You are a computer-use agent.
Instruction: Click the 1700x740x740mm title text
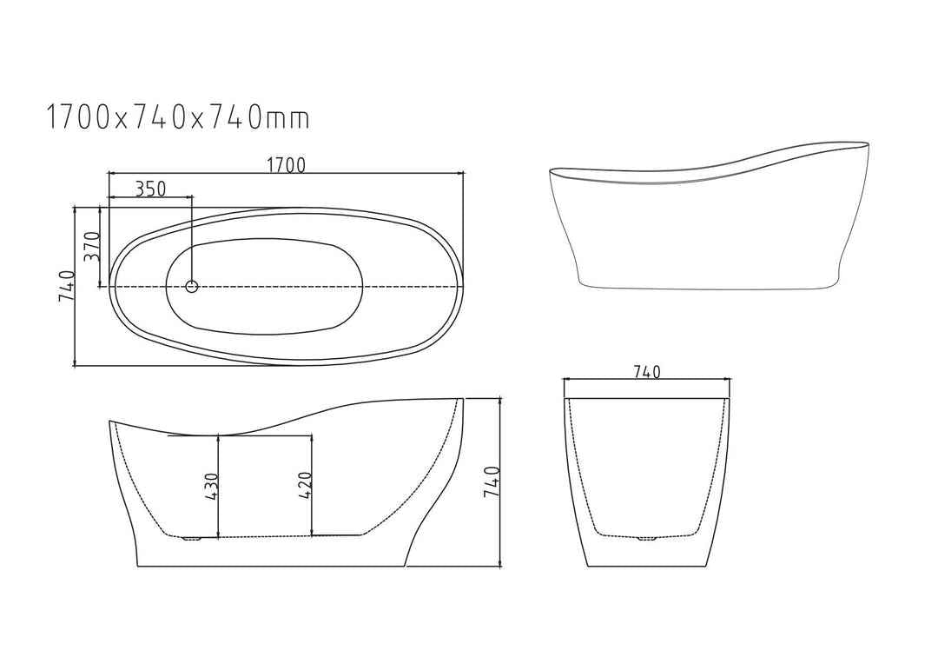178,116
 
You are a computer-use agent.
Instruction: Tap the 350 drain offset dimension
150,188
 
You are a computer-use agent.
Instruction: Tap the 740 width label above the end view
647,372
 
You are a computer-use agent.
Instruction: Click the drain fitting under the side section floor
191,539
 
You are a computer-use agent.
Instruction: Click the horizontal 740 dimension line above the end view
608,380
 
